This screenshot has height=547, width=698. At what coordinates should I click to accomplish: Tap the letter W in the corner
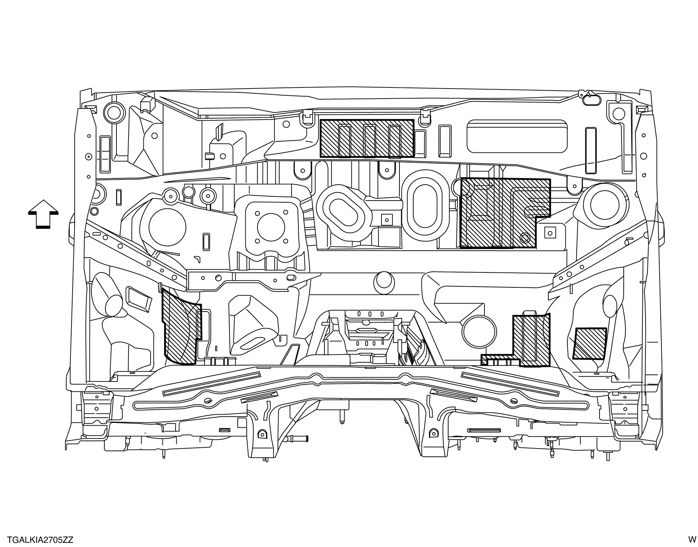[691, 539]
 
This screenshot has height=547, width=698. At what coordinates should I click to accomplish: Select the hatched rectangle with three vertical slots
[367, 138]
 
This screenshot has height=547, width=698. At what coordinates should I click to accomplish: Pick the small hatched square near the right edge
[589, 343]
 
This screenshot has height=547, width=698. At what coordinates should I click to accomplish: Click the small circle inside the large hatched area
[525, 238]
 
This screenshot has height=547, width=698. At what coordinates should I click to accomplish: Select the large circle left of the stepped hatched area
[479, 331]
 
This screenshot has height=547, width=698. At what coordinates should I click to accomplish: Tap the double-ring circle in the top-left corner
[113, 111]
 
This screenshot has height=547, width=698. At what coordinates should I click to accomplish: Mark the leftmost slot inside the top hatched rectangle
[345, 140]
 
